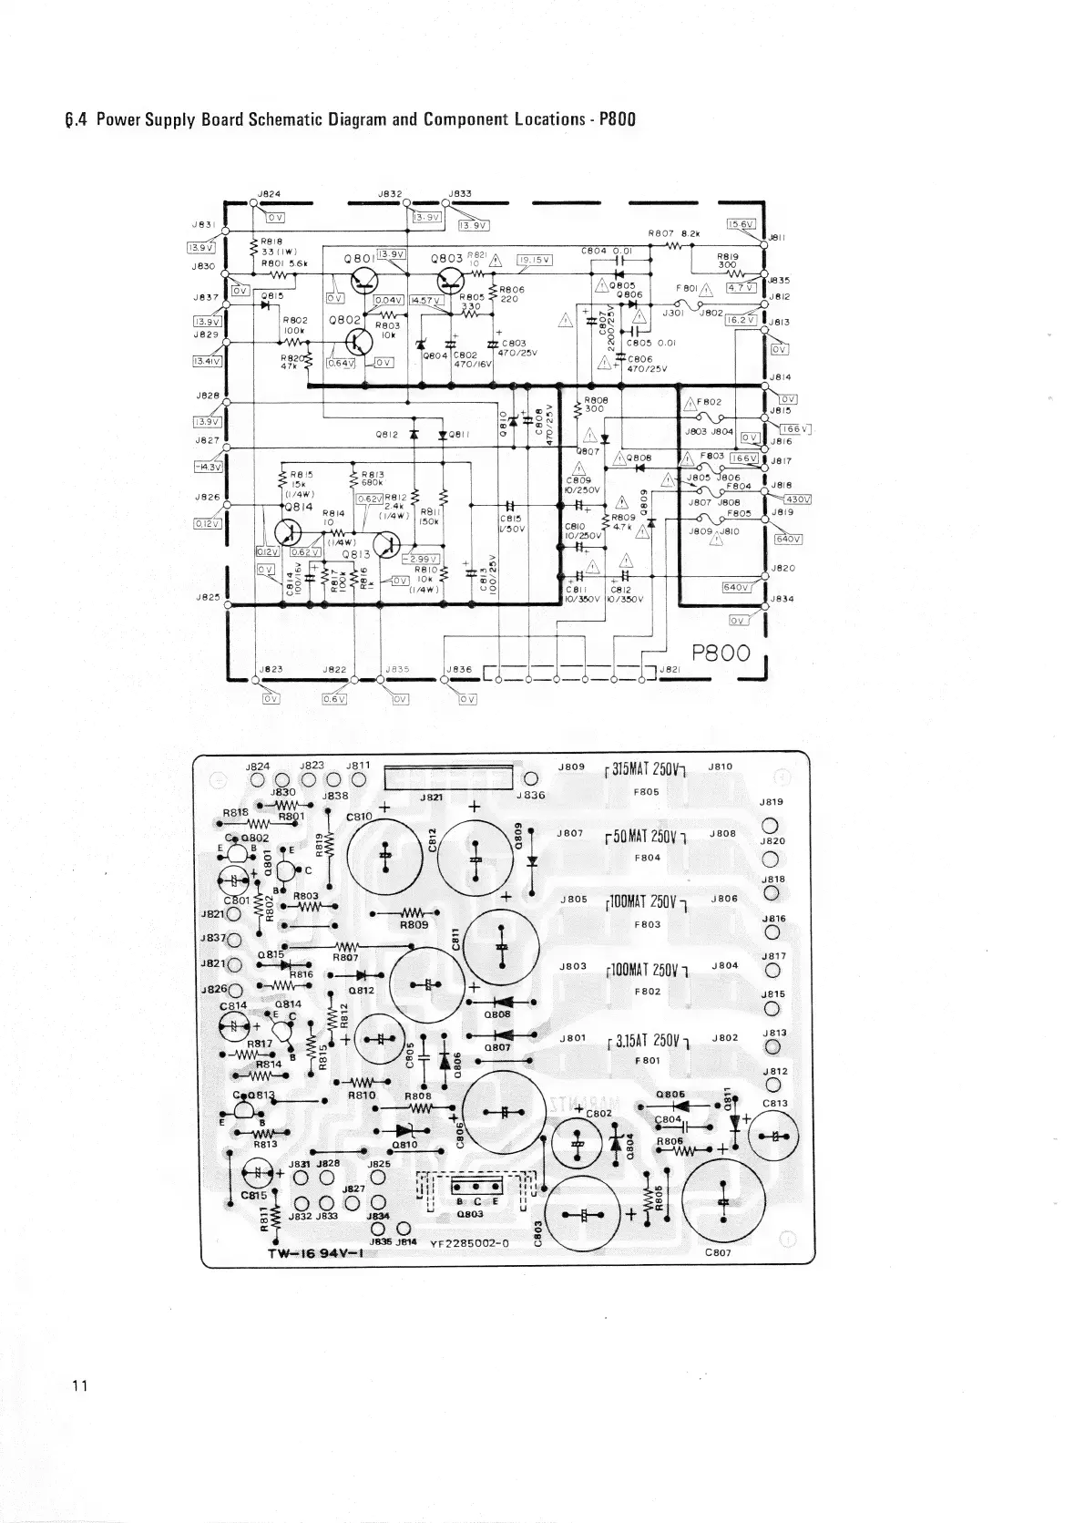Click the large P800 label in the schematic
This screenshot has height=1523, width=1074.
pyautogui.click(x=720, y=653)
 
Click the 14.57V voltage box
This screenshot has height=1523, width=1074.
pyautogui.click(x=425, y=300)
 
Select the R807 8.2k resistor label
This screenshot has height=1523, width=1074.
pyautogui.click(x=673, y=233)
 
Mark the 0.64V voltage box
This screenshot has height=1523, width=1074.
pyautogui.click(x=341, y=363)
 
